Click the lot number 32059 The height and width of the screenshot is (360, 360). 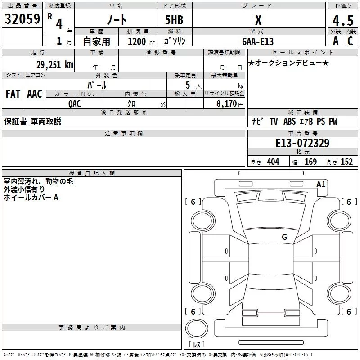pos(22,19)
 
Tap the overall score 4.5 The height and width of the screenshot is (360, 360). pos(342,21)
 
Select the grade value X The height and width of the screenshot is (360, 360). pos(258,20)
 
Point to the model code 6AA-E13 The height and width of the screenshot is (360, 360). pos(257,41)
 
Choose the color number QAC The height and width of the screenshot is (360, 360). pos(74,103)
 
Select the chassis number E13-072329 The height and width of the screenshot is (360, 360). pos(302,143)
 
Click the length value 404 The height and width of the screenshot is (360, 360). pos(273,162)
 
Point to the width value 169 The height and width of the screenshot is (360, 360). pos(310,162)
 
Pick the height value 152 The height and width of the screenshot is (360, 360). pos(346,162)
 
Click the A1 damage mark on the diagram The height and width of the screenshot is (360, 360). pos(321,184)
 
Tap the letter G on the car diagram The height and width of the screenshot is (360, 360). pos(284,237)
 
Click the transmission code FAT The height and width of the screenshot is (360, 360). pos(13,94)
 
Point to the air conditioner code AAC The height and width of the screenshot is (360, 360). pos(35,94)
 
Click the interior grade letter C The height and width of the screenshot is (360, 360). pos(350,41)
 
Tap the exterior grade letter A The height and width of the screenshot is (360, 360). pos(335,41)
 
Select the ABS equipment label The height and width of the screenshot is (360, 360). pos(289,121)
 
